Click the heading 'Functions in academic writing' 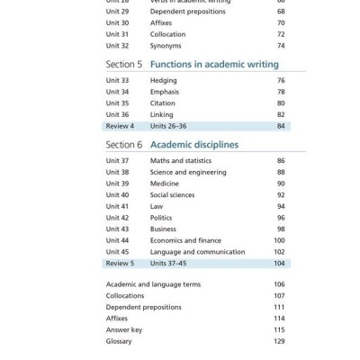214,65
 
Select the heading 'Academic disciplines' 194,144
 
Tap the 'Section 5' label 124,65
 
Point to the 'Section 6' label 124,144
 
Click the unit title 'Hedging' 164,80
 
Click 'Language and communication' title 197,252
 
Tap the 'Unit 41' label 117,206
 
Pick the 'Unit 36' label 117,114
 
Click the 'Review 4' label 120,126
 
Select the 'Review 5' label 120,264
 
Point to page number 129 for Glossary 279,341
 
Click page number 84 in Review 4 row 281,126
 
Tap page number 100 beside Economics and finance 279,240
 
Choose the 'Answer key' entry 124,329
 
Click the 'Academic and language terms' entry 153,284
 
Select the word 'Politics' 161,218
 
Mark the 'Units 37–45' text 168,264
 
